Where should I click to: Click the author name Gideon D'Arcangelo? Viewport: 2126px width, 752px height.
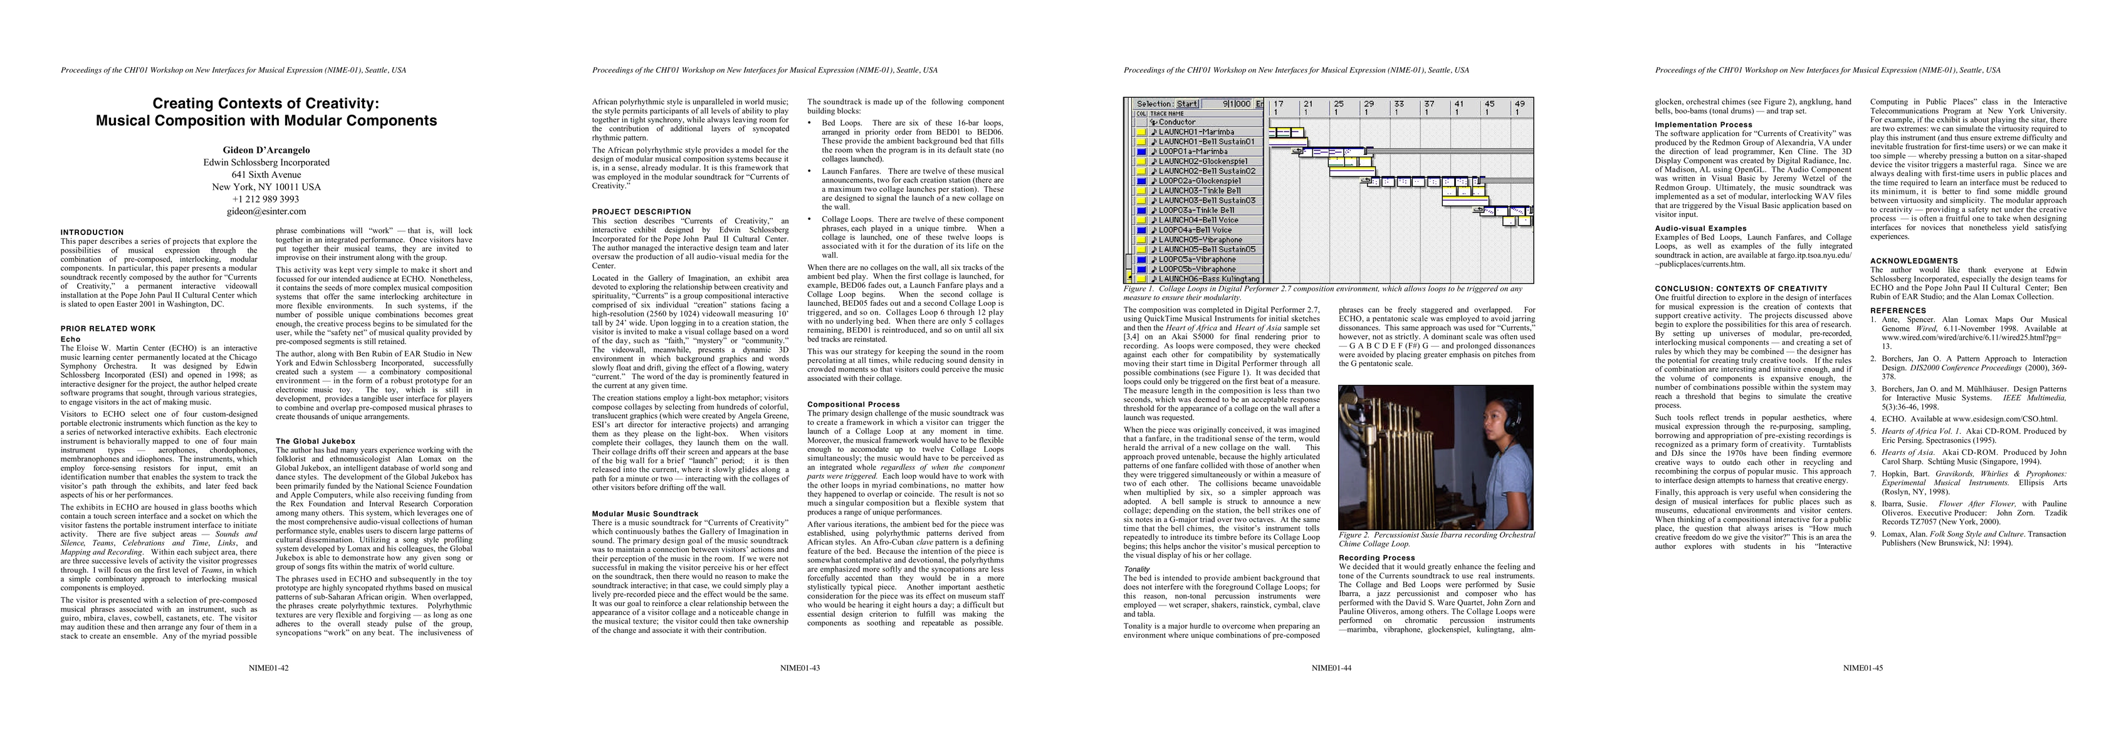click(x=266, y=150)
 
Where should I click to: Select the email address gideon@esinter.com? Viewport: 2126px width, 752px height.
click(x=266, y=211)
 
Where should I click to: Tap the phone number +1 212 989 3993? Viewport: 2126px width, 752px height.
click(x=266, y=199)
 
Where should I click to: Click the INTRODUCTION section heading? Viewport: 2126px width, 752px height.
click(x=92, y=232)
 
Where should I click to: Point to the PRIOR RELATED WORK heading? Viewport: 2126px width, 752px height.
click(x=108, y=328)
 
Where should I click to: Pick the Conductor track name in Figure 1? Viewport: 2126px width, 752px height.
click(x=1177, y=122)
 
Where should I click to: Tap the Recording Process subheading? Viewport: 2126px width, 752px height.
click(x=1376, y=558)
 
